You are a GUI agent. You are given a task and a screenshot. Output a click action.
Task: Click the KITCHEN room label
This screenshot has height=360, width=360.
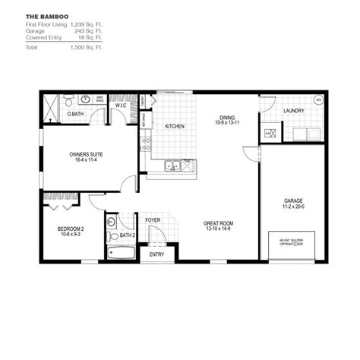point(175,126)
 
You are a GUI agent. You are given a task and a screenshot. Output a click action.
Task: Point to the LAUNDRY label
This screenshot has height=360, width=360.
point(294,111)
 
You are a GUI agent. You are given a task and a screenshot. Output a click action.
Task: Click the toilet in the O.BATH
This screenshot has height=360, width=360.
point(69,100)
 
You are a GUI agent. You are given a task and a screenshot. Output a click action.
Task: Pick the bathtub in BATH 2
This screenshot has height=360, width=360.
point(120,253)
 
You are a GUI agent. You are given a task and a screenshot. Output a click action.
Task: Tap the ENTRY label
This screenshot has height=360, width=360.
point(156,254)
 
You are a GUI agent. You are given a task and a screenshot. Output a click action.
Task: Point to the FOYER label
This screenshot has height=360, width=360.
point(153,220)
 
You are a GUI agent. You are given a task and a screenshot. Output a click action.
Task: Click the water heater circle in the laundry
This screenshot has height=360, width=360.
point(317,99)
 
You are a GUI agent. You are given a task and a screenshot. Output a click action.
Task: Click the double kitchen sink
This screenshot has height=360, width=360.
point(175,163)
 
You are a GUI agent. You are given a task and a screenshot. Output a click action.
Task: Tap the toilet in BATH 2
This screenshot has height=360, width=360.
point(111,223)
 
